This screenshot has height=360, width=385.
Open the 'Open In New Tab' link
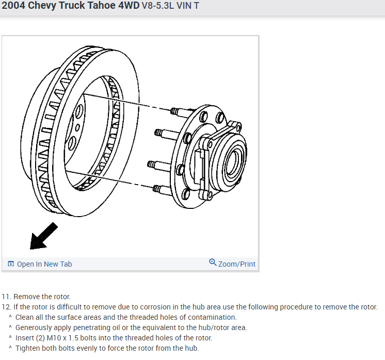click(x=44, y=264)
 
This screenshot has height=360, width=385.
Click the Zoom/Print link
click(x=237, y=264)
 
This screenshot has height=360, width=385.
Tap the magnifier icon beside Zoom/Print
click(x=213, y=263)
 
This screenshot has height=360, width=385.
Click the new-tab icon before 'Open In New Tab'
click(x=11, y=264)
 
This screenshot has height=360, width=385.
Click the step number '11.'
click(x=6, y=297)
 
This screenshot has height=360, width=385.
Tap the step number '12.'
click(x=6, y=307)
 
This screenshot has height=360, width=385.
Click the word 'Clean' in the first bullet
click(x=25, y=317)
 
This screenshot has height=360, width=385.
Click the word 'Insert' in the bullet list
click(x=26, y=338)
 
